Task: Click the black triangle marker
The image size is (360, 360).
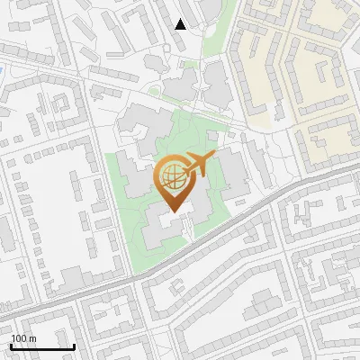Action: click(x=181, y=24)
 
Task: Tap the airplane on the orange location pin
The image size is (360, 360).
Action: click(x=197, y=166)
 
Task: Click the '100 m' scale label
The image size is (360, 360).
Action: click(x=23, y=338)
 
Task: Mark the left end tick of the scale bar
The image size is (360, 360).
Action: click(x=11, y=345)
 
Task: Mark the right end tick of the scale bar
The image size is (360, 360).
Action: click(x=74, y=345)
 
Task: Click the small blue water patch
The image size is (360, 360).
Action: click(x=3, y=69)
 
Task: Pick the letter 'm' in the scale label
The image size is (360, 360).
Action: click(x=32, y=338)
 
